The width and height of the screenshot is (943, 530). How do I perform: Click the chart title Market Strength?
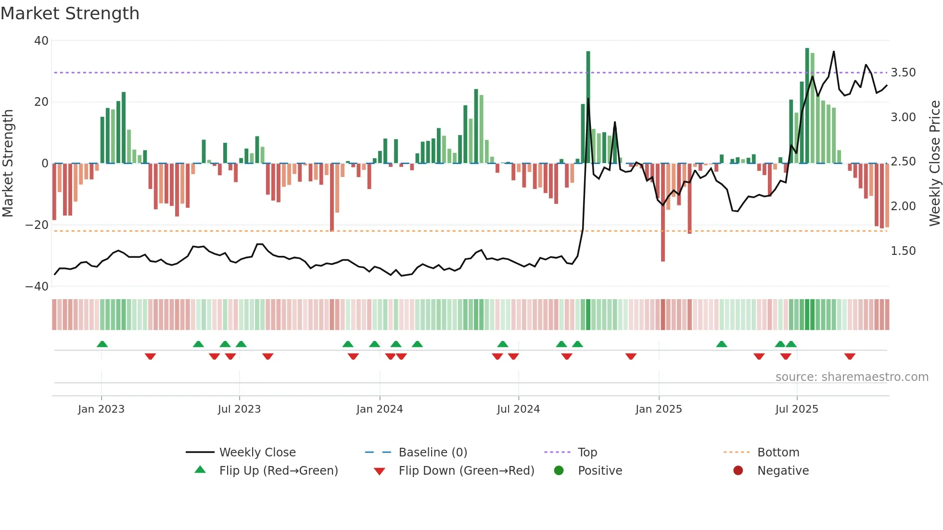70,13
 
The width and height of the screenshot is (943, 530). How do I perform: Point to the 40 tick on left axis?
41,41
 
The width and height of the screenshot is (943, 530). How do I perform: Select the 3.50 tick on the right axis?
903,73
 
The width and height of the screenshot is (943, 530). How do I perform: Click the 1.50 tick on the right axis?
903,251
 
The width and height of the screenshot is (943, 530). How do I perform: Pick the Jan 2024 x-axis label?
380,409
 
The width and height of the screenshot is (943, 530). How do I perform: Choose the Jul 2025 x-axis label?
797,409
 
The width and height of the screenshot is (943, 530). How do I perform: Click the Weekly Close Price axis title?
934,164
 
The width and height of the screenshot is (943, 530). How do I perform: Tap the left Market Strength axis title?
8,164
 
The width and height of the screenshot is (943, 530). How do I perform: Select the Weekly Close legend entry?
257,453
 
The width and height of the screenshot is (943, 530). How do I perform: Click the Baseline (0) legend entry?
433,453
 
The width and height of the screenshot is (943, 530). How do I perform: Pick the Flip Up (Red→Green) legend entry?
279,471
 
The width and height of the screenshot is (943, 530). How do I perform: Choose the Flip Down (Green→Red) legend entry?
466,471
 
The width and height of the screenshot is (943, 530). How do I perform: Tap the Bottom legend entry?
778,453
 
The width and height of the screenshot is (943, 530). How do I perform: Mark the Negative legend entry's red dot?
738,471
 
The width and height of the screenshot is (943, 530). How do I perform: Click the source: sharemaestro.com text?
852,377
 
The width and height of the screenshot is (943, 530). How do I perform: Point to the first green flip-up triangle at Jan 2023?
102,344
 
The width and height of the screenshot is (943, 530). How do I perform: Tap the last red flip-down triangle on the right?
850,356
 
